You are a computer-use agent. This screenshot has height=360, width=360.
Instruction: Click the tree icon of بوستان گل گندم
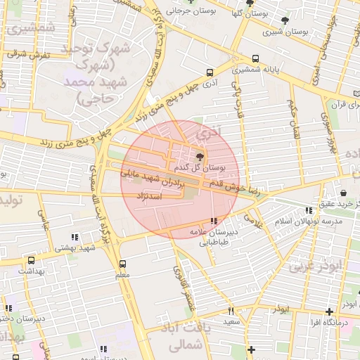[x=201, y=157]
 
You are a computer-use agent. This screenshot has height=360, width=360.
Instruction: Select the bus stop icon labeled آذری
[x=210, y=72]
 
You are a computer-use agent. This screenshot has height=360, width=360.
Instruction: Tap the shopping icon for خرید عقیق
[x=343, y=193]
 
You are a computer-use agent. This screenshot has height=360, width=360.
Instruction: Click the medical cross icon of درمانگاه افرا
[x=329, y=311]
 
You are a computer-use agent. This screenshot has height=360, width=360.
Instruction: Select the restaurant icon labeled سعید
[x=230, y=311]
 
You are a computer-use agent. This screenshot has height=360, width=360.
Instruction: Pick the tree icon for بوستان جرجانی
[x=191, y=2]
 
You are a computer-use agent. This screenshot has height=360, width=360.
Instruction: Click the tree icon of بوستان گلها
[x=250, y=3]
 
